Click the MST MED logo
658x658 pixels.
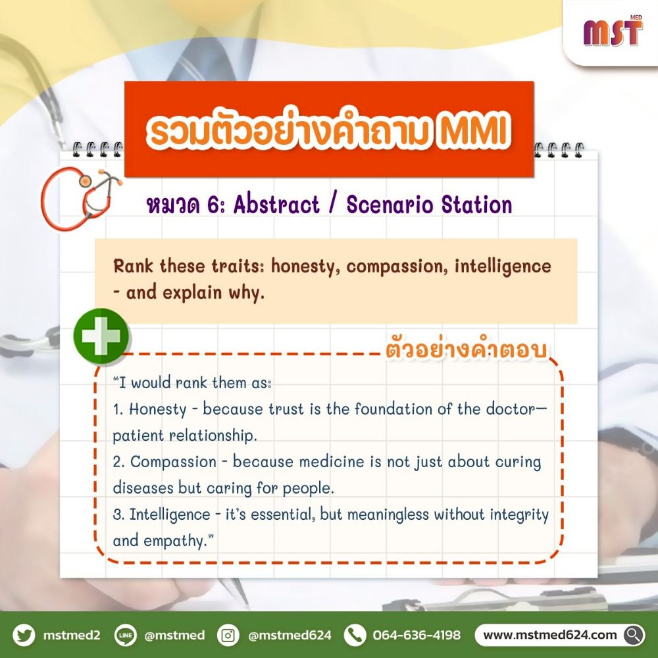point(611,32)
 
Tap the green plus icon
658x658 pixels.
point(101,337)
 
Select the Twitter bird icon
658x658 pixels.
point(24,635)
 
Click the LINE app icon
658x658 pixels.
point(126,635)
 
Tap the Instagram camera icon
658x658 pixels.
point(228,635)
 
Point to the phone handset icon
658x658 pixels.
point(355,635)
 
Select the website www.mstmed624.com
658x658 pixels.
point(550,635)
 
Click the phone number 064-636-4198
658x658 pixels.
point(417,636)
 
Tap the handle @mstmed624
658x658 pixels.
point(290,636)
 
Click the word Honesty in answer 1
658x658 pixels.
point(158,409)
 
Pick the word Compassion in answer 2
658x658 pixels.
point(173,462)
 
